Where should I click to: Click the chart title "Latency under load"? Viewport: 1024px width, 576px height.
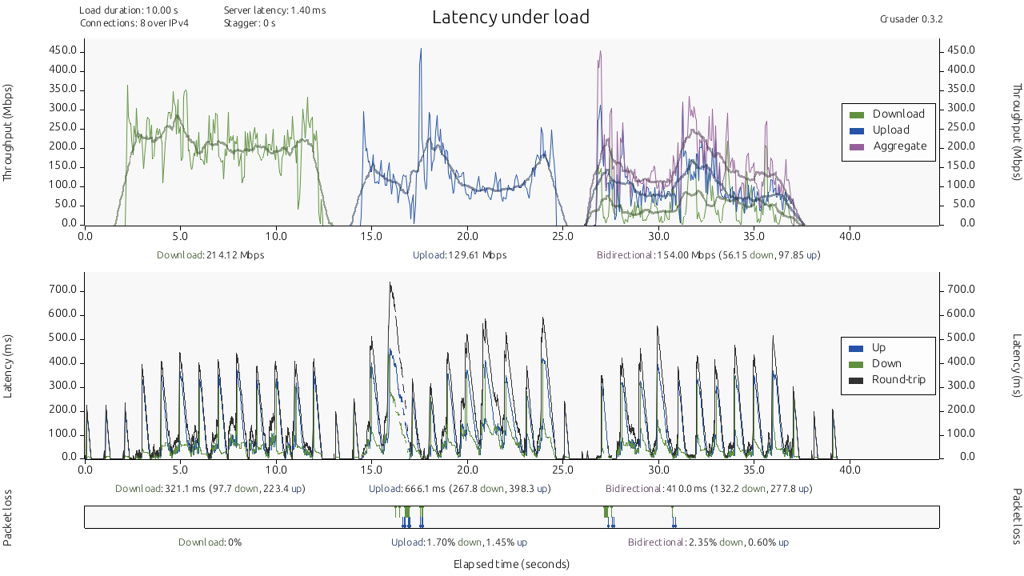coord(510,17)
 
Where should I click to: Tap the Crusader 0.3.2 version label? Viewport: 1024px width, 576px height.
coord(910,18)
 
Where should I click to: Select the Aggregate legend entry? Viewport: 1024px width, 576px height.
coord(899,146)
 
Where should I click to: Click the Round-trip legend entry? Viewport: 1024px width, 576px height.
coord(898,379)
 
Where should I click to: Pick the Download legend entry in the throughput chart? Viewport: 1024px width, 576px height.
coord(898,114)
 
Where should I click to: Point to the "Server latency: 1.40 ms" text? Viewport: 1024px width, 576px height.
coord(274,10)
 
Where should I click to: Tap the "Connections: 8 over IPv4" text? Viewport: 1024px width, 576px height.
coord(134,23)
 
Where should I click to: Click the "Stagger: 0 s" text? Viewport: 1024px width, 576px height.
coord(250,23)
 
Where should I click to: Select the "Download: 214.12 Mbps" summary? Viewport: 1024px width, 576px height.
coord(210,255)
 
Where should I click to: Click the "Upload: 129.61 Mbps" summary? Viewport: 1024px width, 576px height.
coord(459,255)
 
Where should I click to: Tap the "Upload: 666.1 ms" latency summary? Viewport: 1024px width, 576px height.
coord(459,488)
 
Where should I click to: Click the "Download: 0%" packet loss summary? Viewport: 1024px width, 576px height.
coord(210,542)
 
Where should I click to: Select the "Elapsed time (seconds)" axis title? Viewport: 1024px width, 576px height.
coord(511,564)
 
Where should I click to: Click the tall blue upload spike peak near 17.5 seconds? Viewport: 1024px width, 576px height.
coord(421,50)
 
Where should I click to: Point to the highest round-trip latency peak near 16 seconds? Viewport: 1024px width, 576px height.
coord(390,283)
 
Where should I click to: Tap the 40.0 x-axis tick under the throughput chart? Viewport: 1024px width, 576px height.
coord(850,236)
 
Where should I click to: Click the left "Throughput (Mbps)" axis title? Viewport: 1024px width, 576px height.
coord(9,132)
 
